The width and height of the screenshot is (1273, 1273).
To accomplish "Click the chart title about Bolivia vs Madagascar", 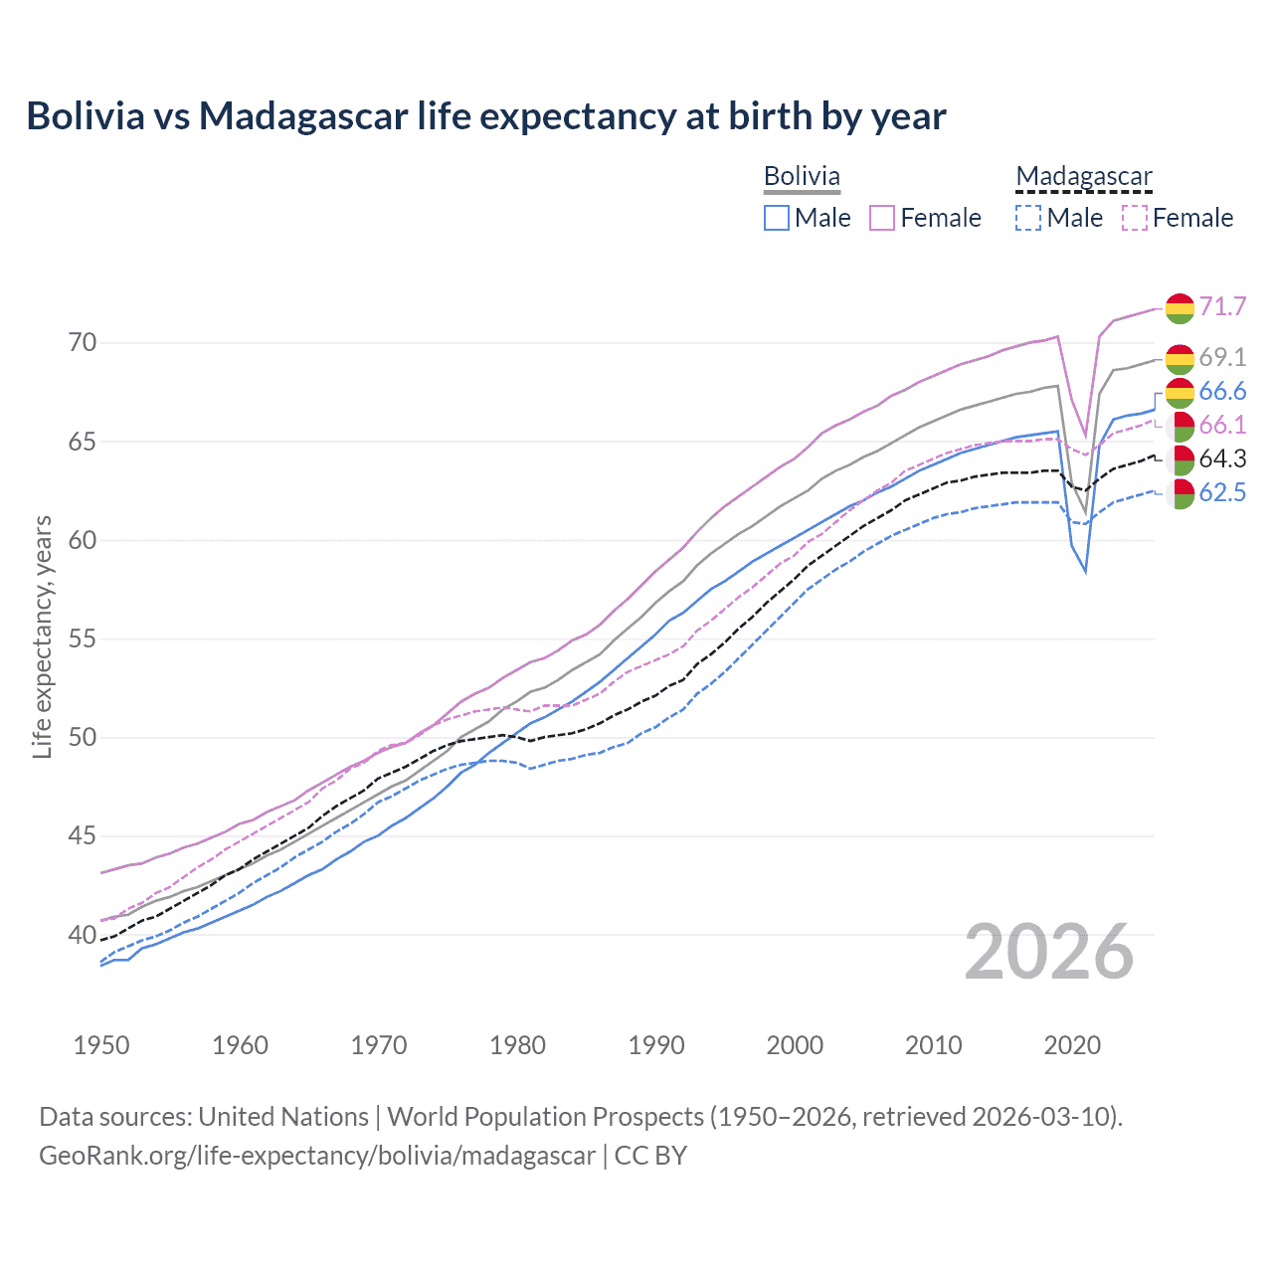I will [486, 116].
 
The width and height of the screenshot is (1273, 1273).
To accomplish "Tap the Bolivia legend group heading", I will [802, 176].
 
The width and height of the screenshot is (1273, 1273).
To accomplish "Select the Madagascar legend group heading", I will [1083, 176].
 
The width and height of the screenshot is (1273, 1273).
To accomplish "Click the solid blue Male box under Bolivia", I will [777, 218].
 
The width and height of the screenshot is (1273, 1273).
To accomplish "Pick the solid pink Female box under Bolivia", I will [882, 218].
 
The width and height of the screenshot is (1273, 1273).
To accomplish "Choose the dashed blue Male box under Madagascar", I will [1028, 218].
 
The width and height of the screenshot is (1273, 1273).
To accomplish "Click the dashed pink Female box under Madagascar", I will [1135, 218].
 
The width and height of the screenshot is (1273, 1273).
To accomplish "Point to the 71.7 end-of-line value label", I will [1222, 306].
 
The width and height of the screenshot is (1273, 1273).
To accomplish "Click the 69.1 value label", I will [1222, 357].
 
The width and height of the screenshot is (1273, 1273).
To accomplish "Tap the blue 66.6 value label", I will [1222, 391].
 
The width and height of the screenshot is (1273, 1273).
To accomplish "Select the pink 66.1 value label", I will [1222, 425].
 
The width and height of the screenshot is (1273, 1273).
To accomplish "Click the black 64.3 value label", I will [1222, 458].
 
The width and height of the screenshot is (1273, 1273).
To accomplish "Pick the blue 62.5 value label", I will [1222, 492].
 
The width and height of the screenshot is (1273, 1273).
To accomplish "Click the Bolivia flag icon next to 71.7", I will [1180, 308].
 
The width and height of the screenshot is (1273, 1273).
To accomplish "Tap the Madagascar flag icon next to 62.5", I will [1181, 493].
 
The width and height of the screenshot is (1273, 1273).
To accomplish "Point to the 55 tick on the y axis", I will [84, 638].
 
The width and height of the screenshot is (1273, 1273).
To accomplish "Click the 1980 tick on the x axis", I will [518, 1045].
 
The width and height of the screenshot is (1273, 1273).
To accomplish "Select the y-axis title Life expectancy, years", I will [42, 636].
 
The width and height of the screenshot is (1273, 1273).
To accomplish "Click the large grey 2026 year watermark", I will [1049, 952].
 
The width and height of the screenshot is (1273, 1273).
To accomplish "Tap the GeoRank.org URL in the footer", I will [316, 1156].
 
